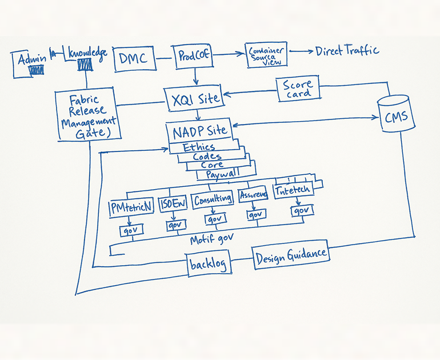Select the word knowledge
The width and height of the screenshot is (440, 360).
[87, 53]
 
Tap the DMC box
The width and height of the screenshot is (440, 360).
[134, 58]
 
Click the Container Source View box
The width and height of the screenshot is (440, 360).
[265, 55]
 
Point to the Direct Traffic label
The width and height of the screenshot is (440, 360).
[347, 51]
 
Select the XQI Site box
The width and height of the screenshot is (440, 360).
[195, 98]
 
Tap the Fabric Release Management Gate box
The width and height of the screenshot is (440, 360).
[88, 116]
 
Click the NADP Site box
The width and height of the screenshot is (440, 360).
[199, 131]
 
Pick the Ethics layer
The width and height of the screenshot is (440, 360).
[199, 147]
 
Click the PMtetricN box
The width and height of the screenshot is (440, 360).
[131, 207]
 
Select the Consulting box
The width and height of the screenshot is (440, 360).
[213, 199]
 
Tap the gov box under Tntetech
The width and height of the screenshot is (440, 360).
[301, 211]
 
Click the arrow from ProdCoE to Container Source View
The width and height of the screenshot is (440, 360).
[228, 55]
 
